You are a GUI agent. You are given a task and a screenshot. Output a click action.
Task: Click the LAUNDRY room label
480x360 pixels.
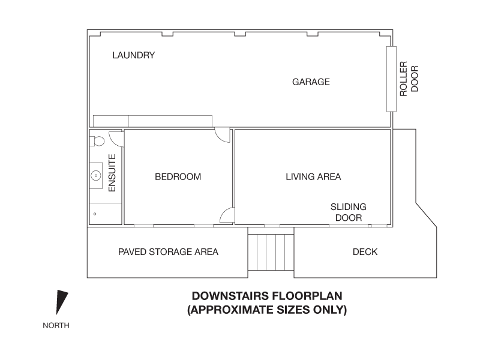(134, 55)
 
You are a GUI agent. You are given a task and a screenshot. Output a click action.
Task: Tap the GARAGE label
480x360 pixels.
(311, 82)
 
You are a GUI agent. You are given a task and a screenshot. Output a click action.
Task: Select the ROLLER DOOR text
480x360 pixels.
(409, 79)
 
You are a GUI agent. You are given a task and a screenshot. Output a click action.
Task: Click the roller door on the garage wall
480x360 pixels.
(391, 79)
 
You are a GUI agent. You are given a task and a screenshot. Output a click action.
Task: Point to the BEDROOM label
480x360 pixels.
(178, 176)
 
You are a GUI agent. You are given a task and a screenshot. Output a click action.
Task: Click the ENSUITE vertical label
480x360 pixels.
(112, 173)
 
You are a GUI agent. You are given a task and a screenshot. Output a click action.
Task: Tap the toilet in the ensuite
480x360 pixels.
(97, 141)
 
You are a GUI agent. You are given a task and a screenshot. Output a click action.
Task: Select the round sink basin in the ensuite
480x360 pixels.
(95, 176)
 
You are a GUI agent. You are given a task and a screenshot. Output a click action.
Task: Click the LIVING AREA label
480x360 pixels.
(313, 176)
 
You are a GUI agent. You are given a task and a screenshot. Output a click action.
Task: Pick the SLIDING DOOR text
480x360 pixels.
(348, 212)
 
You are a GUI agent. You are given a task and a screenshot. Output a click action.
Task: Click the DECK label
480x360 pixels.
(365, 252)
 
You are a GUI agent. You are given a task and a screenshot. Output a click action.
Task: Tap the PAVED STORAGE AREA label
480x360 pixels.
(168, 252)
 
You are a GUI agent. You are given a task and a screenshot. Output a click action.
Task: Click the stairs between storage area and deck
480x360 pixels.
(271, 252)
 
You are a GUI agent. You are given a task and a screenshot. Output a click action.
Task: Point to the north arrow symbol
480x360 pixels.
(61, 302)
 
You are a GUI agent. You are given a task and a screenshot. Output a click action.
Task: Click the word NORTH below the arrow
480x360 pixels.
(56, 326)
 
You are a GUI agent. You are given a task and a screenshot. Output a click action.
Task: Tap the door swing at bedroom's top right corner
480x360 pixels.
(223, 136)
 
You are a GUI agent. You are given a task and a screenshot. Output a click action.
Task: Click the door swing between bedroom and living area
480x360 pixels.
(227, 215)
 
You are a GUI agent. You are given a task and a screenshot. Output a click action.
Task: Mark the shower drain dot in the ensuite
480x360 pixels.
(94, 213)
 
